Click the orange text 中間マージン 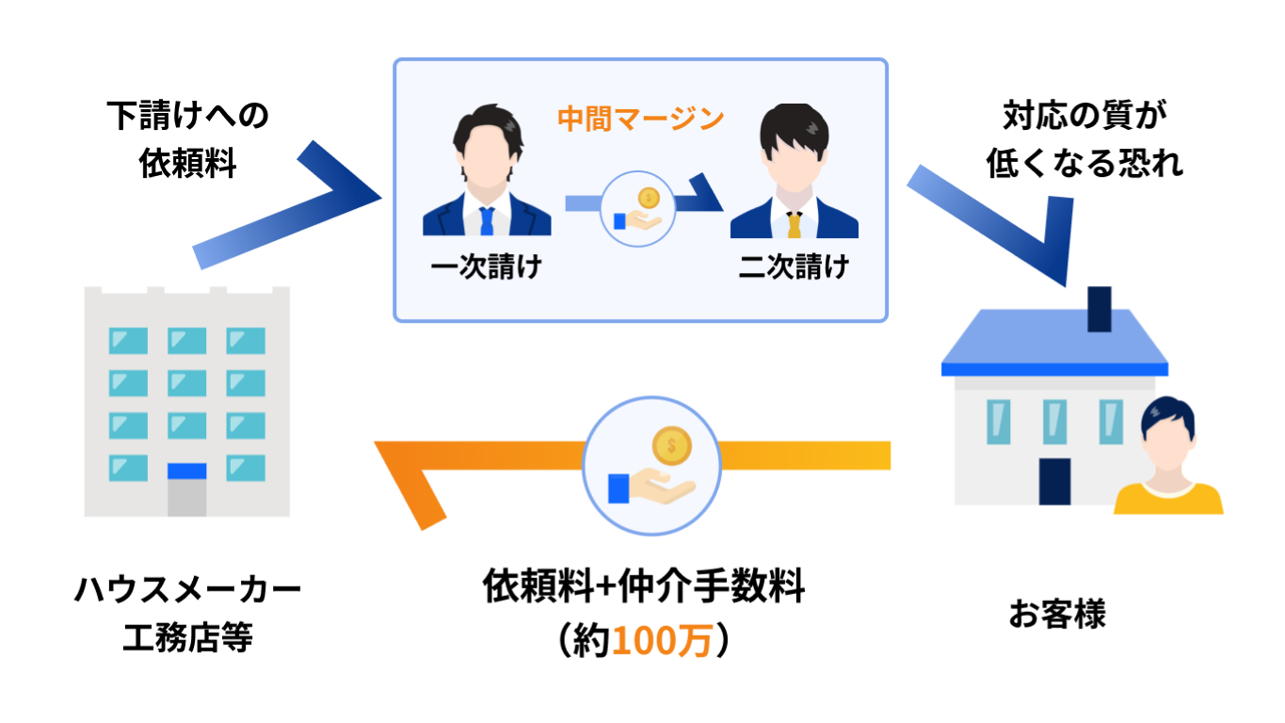(640, 120)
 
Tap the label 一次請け (486, 267)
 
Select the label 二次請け (794, 267)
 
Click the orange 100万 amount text (662, 641)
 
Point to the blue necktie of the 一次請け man (487, 221)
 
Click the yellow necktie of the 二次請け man (795, 224)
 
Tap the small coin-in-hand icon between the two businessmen (637, 209)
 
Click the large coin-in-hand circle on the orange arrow (651, 465)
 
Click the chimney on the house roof (1100, 309)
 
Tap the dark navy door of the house (1054, 481)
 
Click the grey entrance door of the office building (186, 499)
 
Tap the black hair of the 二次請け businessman (795, 127)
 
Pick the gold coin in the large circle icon (671, 446)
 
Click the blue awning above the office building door (186, 471)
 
